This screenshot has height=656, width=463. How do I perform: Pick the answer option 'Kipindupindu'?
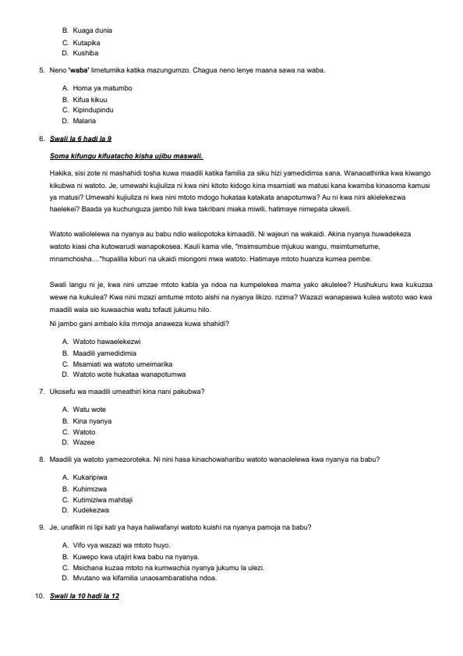point(94,110)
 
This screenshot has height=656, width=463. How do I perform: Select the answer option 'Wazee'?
point(84,442)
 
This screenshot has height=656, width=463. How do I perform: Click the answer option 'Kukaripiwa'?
point(90,476)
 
